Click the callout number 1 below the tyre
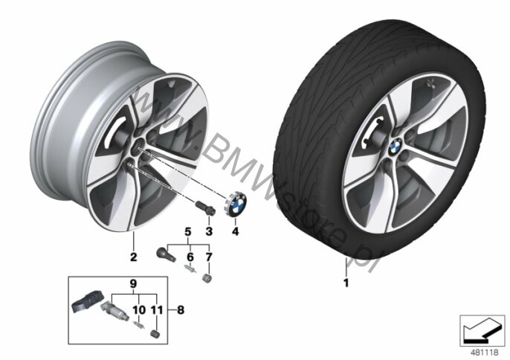(346, 283)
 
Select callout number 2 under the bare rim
(133, 257)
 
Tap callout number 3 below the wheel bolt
(209, 231)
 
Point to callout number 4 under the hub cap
(235, 231)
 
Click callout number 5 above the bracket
(188, 232)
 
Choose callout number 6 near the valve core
(190, 257)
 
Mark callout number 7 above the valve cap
(209, 257)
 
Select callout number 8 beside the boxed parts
(181, 310)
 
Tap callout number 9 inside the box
(133, 284)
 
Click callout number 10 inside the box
(139, 310)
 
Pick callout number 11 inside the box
(157, 310)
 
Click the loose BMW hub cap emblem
(236, 204)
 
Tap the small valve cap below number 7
(206, 279)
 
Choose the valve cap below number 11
(155, 334)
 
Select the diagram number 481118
(484, 352)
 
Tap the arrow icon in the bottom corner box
(482, 331)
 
